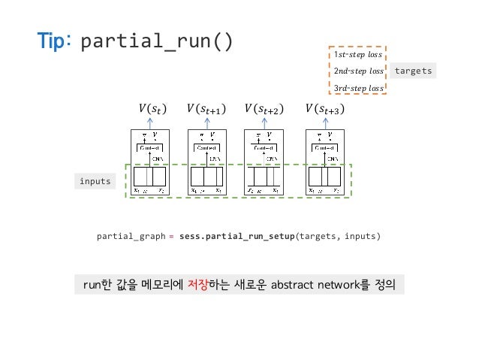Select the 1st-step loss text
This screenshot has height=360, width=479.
pyautogui.click(x=358, y=55)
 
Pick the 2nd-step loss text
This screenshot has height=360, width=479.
pyautogui.click(x=358, y=71)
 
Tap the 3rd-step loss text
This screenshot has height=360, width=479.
pyautogui.click(x=358, y=88)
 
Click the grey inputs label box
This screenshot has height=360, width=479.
pyautogui.click(x=95, y=181)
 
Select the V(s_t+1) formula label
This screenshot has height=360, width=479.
pyautogui.click(x=206, y=110)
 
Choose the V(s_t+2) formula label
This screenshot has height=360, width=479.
pyautogui.click(x=264, y=110)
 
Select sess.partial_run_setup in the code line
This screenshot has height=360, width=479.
pyautogui.click(x=237, y=237)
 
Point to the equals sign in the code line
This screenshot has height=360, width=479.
pyautogui.click(x=171, y=237)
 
